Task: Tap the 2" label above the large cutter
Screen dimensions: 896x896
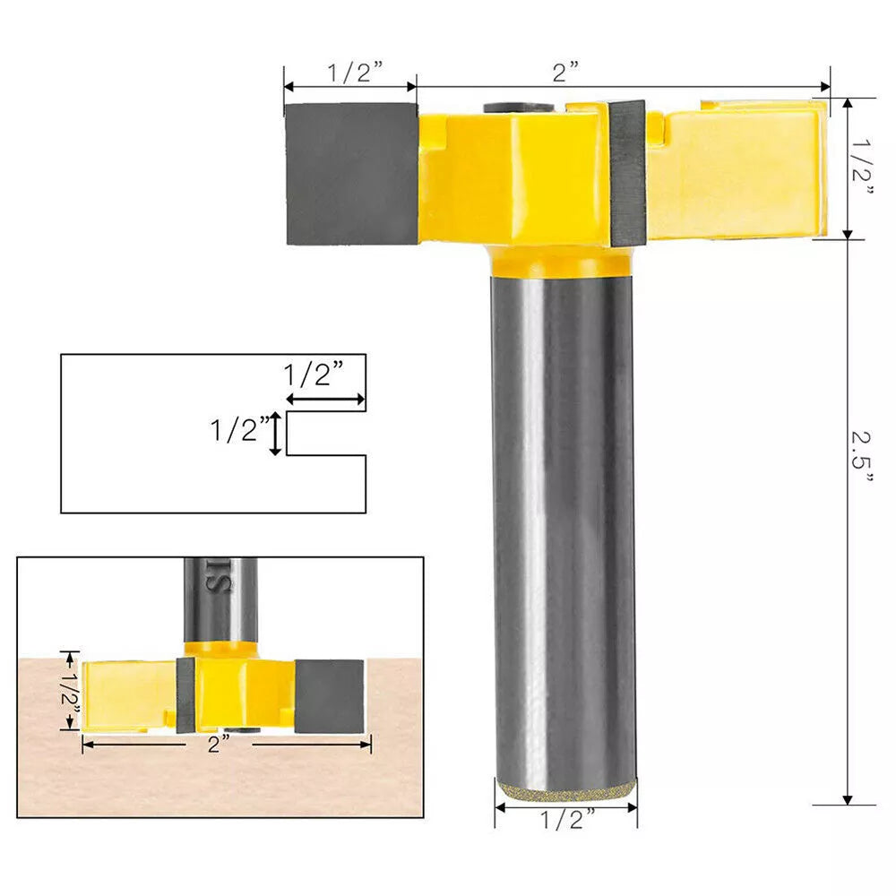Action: [565, 73]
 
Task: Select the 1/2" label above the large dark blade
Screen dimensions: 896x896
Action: [350, 73]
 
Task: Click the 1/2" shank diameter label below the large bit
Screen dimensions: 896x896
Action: [566, 819]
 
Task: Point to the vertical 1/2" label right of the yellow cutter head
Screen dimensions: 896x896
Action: [862, 169]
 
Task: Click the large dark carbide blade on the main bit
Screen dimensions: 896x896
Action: [351, 174]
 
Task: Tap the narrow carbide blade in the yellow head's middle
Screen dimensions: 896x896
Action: [628, 172]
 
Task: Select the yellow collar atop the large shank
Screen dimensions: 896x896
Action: [562, 261]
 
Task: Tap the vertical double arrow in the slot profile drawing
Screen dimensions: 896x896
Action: [277, 434]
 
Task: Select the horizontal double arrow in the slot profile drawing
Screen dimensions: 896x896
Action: [325, 400]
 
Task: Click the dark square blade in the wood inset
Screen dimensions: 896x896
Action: [329, 694]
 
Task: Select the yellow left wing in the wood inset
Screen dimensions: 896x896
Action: [128, 695]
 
